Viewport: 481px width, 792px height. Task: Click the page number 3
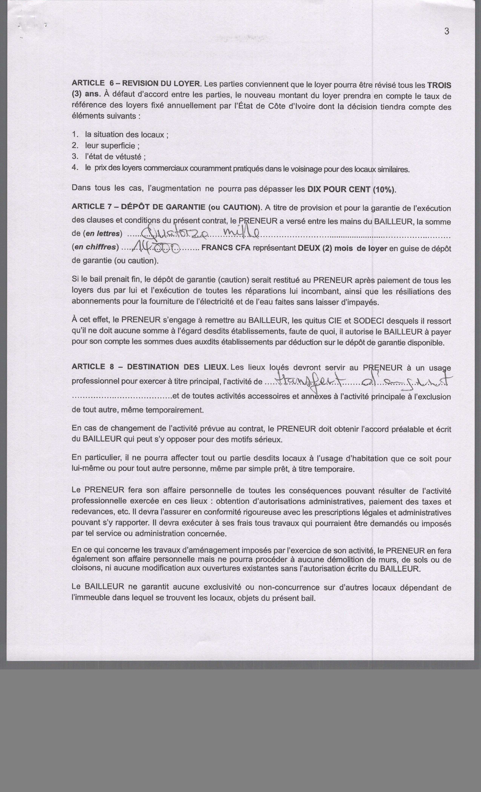coord(447,31)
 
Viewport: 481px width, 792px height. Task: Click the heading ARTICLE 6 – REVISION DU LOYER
coord(136,83)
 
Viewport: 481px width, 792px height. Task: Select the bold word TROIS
coord(439,85)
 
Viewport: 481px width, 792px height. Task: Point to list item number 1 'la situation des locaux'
coord(125,135)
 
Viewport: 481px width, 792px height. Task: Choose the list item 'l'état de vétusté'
coord(115,157)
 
